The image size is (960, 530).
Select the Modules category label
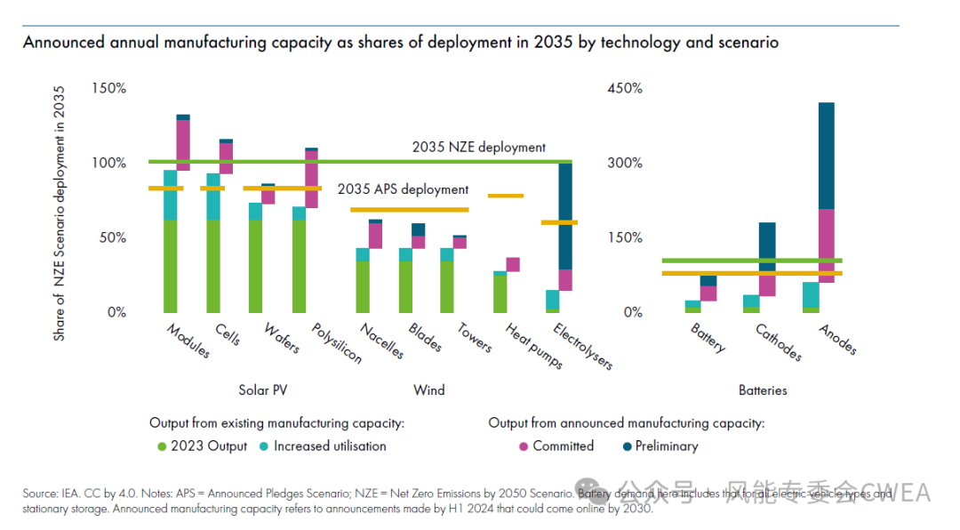pyautogui.click(x=188, y=341)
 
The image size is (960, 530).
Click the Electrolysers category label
pyautogui.click(x=583, y=346)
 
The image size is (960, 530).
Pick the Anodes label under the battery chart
pyautogui.click(x=837, y=339)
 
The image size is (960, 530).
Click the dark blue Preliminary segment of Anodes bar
pyautogui.click(x=827, y=156)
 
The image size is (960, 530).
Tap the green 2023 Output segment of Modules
pyautogui.click(x=170, y=266)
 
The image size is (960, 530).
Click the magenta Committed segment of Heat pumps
pyautogui.click(x=513, y=264)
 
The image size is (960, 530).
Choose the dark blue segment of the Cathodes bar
pyautogui.click(x=767, y=246)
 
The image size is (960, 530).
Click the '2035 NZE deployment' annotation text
pyautogui.click(x=478, y=148)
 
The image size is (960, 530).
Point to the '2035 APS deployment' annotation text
pyautogui.click(x=403, y=189)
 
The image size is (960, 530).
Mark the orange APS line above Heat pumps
pyautogui.click(x=506, y=196)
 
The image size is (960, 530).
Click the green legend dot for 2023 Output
pyautogui.click(x=162, y=446)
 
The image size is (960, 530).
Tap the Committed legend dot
pyautogui.click(x=524, y=446)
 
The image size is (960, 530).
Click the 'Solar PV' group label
pyautogui.click(x=263, y=390)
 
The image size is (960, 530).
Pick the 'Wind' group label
pyautogui.click(x=429, y=390)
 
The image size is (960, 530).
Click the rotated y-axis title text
pyautogui.click(x=60, y=213)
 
